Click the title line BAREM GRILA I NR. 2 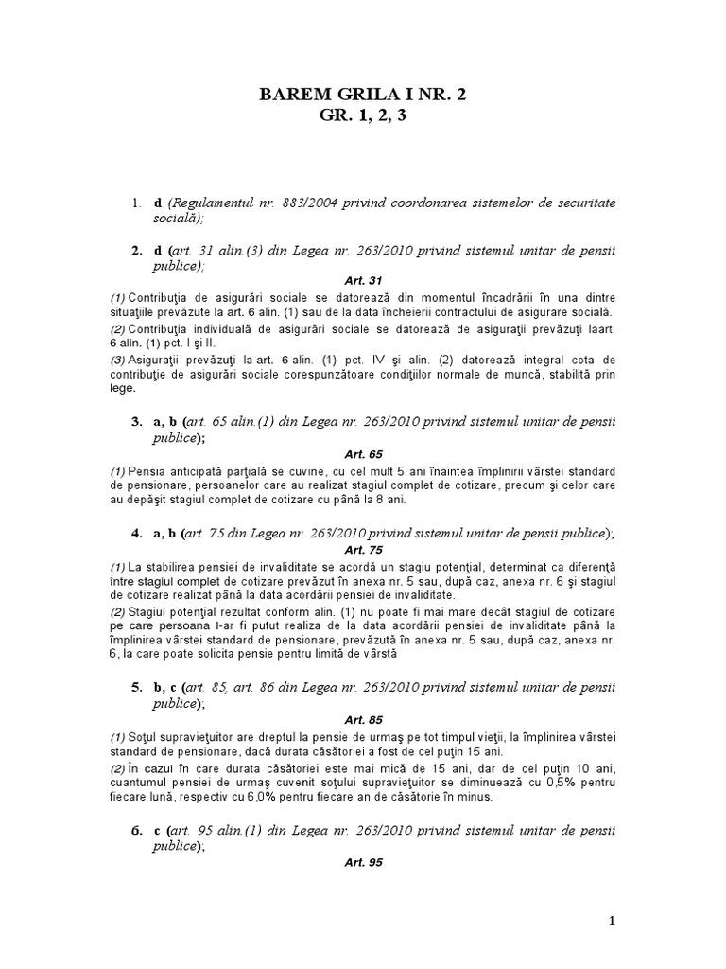click(362, 94)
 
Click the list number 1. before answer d click(136, 203)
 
